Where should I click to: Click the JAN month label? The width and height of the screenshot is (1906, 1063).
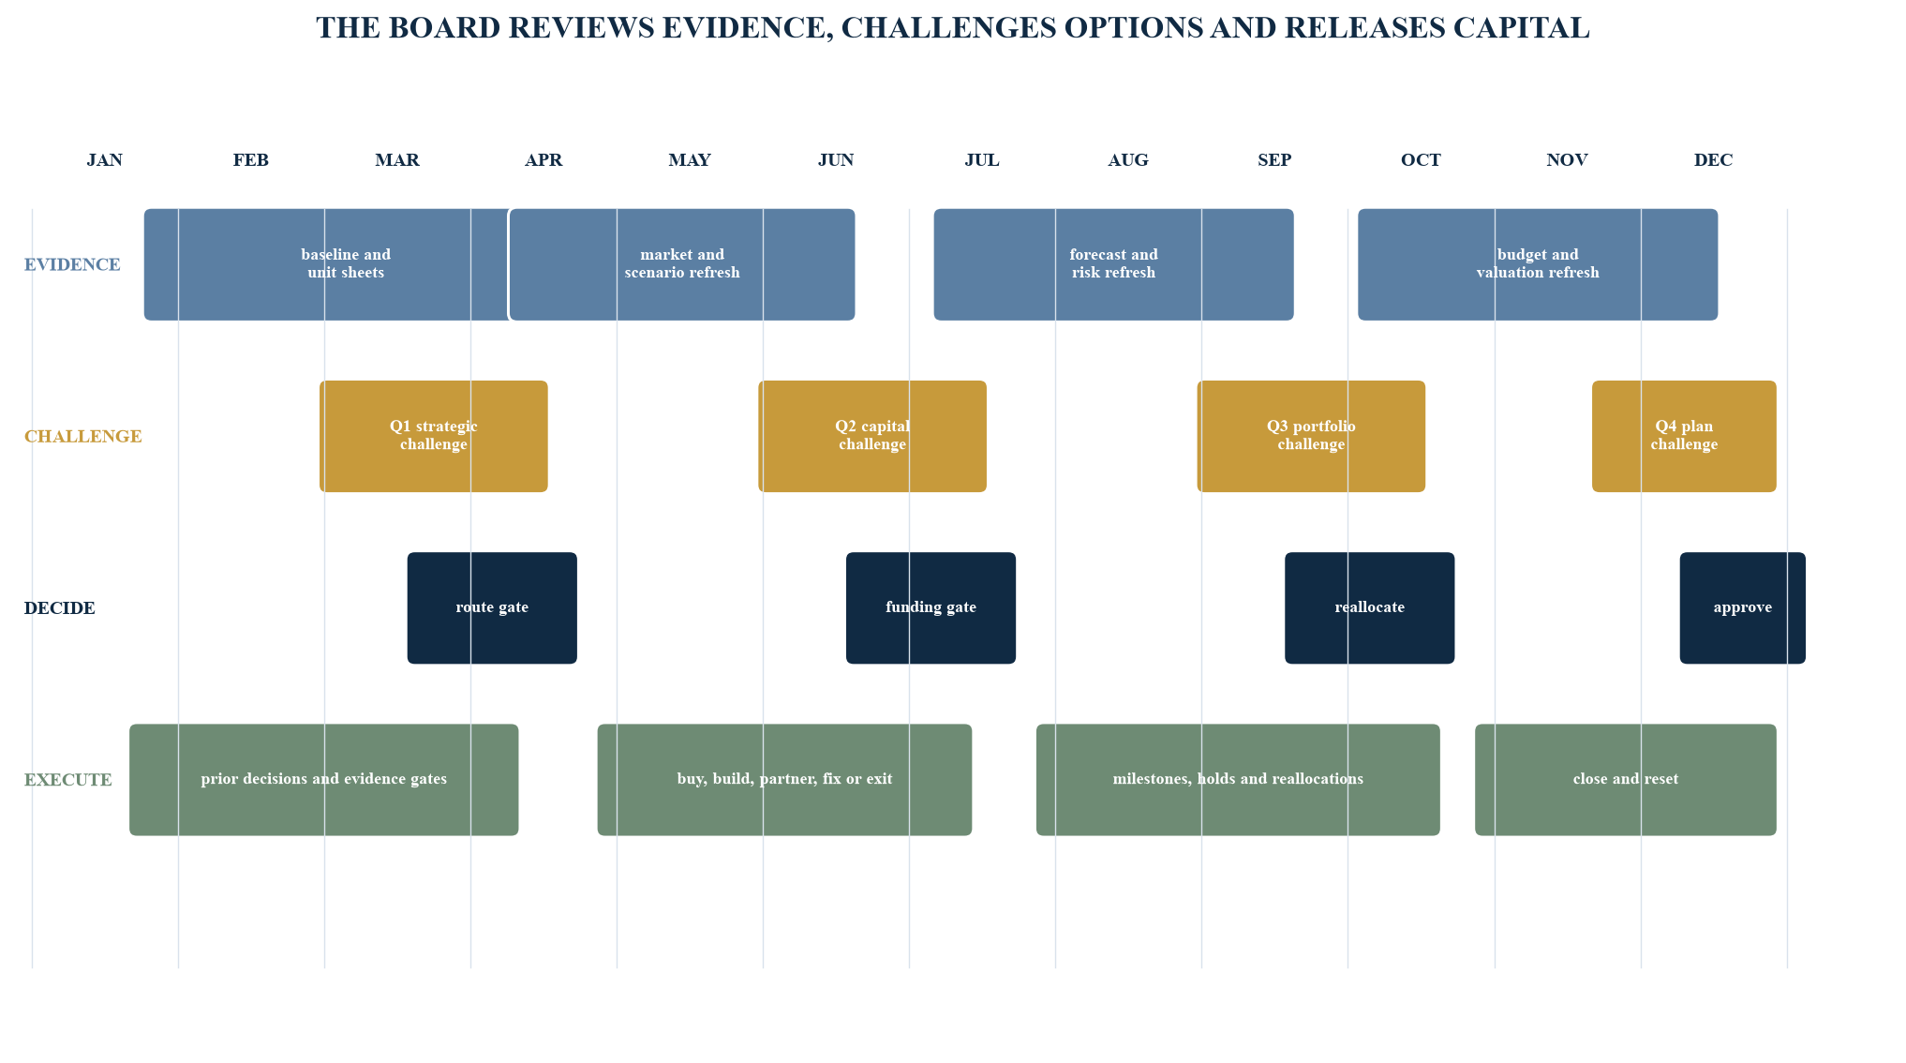pos(105,160)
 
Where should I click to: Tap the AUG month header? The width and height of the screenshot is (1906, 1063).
pos(1128,160)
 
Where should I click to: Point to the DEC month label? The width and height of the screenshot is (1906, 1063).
pos(1713,160)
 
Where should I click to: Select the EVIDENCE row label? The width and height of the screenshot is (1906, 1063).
pos(72,265)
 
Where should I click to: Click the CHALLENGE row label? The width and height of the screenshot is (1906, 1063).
pos(83,437)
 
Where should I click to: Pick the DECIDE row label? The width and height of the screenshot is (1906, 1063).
pos(60,608)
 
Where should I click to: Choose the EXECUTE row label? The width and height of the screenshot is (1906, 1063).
pos(68,780)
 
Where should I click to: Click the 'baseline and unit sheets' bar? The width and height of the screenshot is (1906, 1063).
pos(326,264)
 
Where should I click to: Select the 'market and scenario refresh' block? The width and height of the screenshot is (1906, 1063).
pos(682,264)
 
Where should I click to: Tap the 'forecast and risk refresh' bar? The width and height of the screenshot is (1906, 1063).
pos(1113,264)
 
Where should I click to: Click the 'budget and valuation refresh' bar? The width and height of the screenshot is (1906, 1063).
pos(1538,264)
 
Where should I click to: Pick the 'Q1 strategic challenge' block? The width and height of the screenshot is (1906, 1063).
pos(434,436)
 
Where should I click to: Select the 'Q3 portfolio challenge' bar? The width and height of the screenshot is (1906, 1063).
pos(1311,436)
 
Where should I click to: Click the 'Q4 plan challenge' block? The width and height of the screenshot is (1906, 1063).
pos(1684,436)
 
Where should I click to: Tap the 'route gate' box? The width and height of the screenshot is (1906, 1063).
pos(492,608)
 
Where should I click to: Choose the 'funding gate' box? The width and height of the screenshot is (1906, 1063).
pos(931,608)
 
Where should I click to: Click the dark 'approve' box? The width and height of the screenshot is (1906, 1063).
pos(1743,608)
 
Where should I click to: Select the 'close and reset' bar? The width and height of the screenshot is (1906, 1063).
pos(1626,780)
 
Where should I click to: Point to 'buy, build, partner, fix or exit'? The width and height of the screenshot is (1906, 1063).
pos(784,780)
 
